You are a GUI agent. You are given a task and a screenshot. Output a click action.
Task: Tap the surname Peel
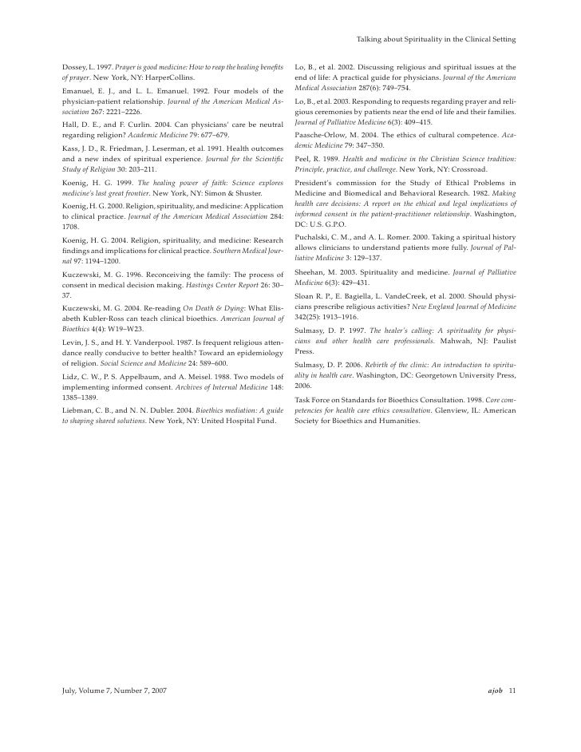click(x=303, y=159)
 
